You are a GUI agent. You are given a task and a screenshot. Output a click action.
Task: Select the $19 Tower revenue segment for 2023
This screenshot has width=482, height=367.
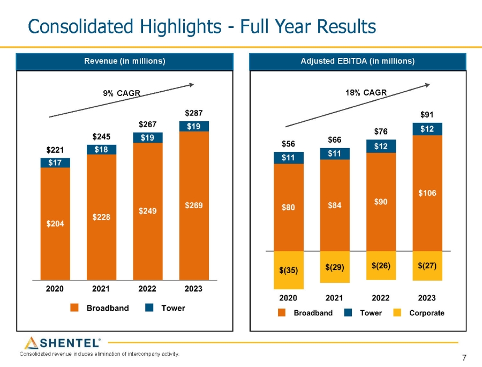193,126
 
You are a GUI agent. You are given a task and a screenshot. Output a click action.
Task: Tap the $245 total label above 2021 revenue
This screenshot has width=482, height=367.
101,136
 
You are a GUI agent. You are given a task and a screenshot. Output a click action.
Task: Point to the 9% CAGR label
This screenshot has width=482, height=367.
121,93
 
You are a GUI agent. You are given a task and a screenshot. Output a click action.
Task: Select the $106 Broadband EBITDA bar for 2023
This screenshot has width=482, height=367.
427,193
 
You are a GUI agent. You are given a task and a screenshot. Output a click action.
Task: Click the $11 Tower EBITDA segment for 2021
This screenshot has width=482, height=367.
335,153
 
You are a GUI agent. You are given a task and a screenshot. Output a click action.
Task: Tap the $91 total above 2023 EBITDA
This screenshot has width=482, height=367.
427,114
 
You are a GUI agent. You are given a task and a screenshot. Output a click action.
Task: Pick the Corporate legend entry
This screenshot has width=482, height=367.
420,313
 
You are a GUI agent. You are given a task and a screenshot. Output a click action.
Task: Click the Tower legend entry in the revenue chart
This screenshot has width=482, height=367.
165,308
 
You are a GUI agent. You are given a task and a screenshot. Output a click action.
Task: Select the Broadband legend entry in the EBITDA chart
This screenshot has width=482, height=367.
305,313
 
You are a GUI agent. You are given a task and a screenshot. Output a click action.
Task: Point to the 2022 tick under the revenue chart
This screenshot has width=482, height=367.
147,289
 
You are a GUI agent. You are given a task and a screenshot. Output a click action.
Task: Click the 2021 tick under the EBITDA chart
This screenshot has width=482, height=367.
335,297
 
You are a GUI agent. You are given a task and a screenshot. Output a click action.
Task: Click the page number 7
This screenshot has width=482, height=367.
464,358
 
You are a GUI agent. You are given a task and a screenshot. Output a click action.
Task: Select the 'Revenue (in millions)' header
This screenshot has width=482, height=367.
125,61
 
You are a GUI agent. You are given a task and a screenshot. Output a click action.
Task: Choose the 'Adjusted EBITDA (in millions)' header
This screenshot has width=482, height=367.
358,61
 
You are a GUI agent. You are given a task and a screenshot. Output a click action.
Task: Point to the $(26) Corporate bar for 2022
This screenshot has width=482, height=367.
381,265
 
